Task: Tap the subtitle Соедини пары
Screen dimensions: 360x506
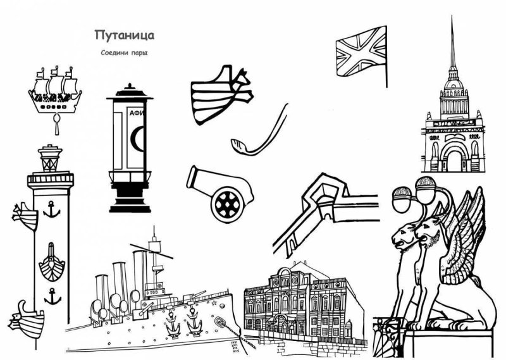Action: pos(124,53)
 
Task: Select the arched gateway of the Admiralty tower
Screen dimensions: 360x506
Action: pos(454,156)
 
